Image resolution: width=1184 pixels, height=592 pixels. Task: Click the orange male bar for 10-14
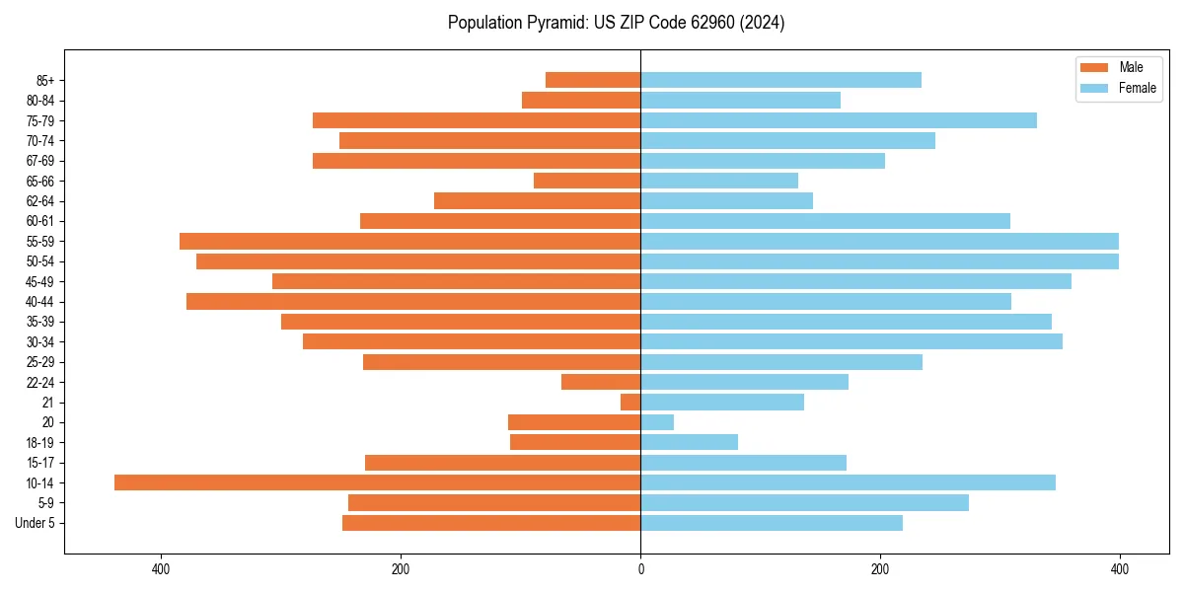point(378,482)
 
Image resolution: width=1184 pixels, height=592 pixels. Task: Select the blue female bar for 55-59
point(879,241)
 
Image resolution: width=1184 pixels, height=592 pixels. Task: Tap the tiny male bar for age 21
point(630,402)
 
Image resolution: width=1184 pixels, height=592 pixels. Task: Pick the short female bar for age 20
point(657,422)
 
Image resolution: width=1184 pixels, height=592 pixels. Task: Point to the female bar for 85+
point(780,80)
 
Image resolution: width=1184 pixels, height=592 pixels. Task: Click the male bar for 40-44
point(413,301)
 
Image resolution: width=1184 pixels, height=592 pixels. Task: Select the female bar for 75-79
point(839,120)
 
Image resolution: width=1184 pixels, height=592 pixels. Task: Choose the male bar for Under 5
point(491,523)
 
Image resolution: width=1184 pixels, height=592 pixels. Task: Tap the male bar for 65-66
point(587,181)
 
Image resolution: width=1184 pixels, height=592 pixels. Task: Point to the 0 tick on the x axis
point(640,569)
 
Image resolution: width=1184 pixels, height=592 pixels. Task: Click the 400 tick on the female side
point(1119,569)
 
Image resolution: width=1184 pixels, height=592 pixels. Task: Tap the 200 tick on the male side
point(401,569)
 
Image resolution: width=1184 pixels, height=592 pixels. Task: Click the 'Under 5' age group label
point(35,523)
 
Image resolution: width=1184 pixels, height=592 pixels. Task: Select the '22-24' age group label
point(39,382)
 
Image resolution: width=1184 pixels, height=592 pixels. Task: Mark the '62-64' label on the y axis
point(39,200)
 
